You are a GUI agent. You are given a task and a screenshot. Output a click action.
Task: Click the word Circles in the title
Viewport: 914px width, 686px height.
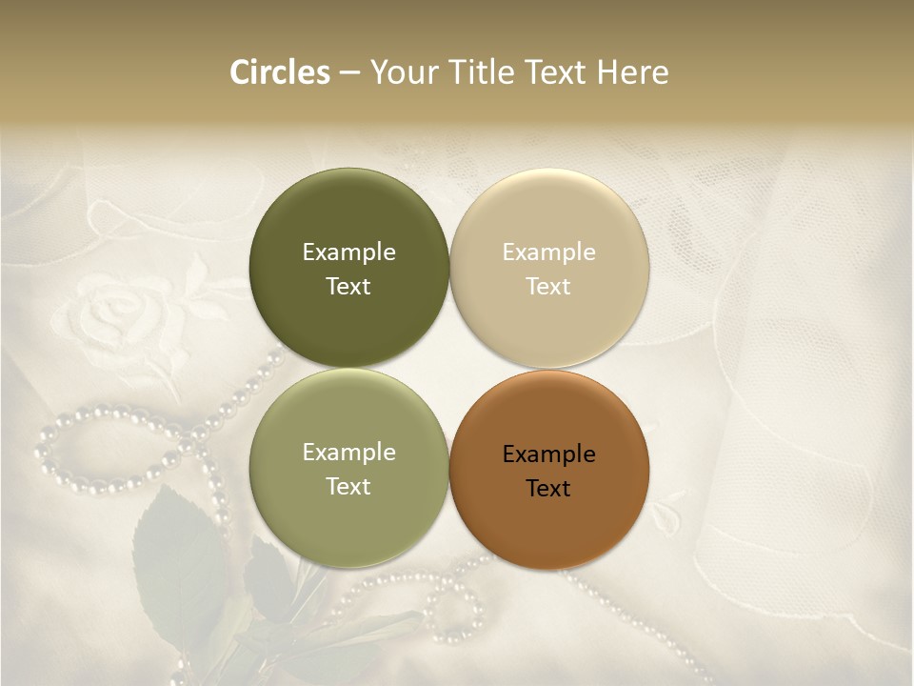[x=280, y=72]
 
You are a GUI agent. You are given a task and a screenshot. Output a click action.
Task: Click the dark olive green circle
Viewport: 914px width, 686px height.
[x=348, y=219]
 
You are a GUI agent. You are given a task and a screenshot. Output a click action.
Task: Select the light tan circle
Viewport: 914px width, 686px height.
[x=548, y=219]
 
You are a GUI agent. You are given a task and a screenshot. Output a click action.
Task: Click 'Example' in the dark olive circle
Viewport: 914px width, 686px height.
[x=348, y=252]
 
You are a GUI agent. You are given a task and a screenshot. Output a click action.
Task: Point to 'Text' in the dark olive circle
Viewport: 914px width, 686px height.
[x=348, y=287]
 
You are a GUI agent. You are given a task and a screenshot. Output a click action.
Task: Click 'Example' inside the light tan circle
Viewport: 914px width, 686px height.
[x=548, y=252]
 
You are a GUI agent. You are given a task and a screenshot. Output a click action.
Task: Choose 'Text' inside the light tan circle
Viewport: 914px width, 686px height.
[x=548, y=287]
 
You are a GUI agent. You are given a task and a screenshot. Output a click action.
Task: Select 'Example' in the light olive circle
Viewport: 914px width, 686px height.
[x=348, y=453]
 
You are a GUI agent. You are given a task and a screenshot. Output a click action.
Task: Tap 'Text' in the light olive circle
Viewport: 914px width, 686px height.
[x=348, y=487]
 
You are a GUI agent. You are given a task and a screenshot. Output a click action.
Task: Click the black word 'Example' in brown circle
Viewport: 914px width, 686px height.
[x=548, y=454]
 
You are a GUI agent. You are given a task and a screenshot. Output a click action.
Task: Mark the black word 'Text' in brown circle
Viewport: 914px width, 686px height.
[x=548, y=489]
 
